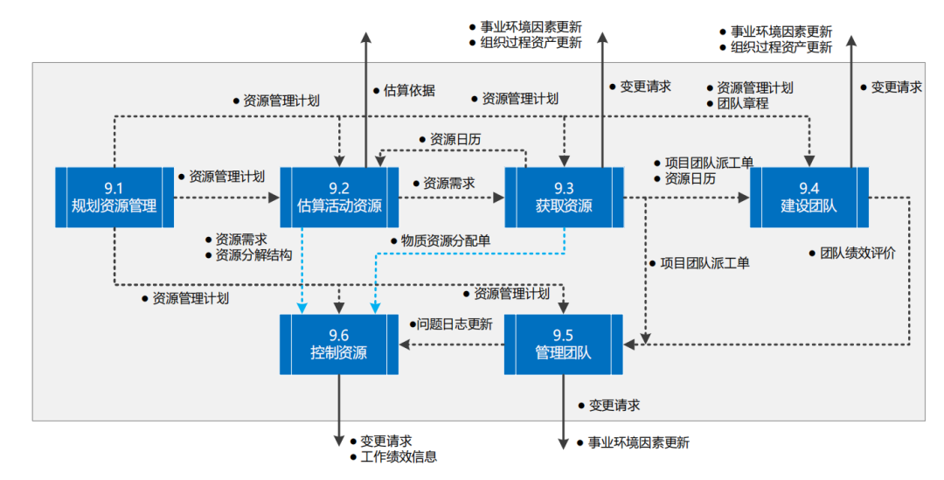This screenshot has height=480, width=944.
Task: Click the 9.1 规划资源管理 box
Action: [x=114, y=197]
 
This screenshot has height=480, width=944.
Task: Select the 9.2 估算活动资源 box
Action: [x=338, y=197]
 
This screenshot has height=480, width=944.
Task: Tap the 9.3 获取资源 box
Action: [x=563, y=197]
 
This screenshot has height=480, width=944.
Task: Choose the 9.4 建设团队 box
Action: [x=808, y=197]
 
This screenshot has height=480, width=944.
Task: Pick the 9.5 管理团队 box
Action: [x=563, y=344]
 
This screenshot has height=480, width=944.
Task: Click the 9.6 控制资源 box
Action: [x=338, y=344]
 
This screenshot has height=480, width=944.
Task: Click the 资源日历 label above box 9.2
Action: [x=455, y=139]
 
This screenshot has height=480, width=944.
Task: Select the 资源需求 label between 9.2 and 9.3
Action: [x=449, y=184]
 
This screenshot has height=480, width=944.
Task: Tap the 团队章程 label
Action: [x=742, y=103]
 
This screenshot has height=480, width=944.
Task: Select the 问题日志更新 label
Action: [x=455, y=323]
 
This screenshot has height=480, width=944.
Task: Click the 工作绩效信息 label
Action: [x=399, y=456]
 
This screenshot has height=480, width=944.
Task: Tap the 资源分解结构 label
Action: [x=253, y=254]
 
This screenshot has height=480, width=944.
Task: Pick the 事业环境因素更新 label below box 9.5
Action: [x=638, y=442]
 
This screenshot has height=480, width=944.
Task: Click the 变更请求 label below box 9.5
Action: [x=614, y=405]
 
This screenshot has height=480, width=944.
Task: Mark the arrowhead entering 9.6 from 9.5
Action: [x=406, y=344]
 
